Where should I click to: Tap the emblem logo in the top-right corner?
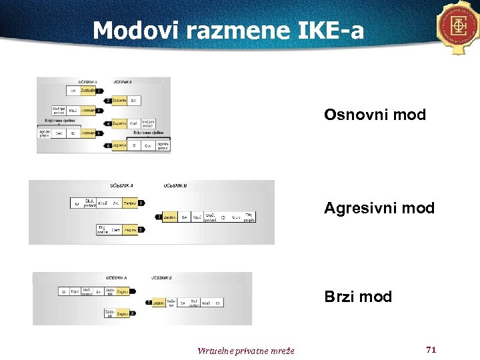459,27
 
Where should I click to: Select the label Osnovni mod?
375,115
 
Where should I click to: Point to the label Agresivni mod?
379,208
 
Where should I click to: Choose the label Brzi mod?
358,297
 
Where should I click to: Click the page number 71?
431,349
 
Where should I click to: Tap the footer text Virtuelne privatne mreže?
245,351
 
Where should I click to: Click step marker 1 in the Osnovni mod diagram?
99,90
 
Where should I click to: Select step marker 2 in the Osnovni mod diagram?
108,101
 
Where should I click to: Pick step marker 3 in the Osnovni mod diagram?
99,111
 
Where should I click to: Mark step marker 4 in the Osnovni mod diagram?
108,123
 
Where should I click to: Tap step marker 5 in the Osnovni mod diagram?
99,133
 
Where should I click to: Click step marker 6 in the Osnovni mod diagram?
108,145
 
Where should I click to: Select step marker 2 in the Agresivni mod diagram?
159,217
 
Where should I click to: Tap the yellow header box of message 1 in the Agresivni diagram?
129,203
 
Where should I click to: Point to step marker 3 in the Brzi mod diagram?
133,313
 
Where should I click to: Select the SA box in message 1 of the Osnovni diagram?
73,90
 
